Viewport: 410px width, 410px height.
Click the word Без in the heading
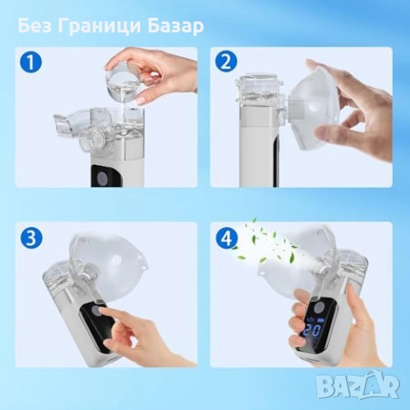point(38,26)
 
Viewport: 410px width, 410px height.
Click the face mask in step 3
point(102,256)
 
